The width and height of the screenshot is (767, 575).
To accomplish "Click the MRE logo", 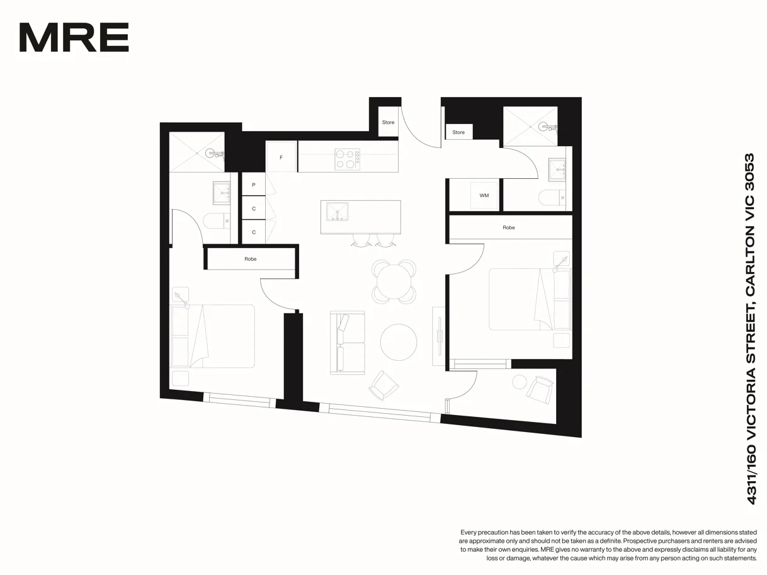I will click(74, 38).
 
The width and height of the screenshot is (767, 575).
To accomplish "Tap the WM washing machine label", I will click(484, 195).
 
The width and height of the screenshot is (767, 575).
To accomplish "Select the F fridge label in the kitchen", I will click(281, 157).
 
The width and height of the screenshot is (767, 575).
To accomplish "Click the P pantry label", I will click(254, 185).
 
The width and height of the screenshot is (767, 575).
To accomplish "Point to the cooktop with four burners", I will click(347, 159).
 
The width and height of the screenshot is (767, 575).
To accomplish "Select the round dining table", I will click(395, 280).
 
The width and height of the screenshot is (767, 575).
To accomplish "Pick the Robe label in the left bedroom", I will click(251, 259).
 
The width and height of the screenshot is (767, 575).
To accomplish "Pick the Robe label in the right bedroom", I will click(509, 227).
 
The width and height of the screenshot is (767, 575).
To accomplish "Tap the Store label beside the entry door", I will click(388, 122).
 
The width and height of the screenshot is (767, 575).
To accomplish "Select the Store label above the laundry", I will click(458, 132).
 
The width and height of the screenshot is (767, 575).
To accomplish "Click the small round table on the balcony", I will click(520, 382).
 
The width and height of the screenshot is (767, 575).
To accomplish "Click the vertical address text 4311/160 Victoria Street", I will click(750, 328).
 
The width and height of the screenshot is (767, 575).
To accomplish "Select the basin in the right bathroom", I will click(558, 168).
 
